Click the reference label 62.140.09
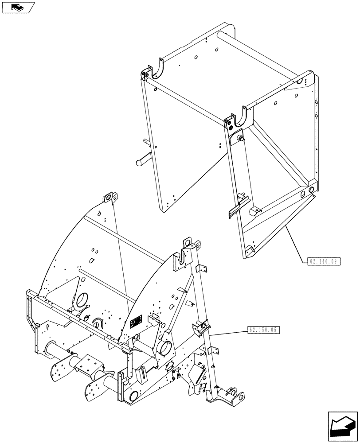(x=323, y=261)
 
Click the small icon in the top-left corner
(x=18, y=7)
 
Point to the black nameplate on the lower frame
(x=135, y=322)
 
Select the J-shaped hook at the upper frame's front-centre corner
(x=243, y=116)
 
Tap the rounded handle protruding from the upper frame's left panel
(x=143, y=159)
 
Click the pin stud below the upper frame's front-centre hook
(x=242, y=139)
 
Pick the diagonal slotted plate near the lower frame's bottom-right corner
(x=197, y=377)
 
